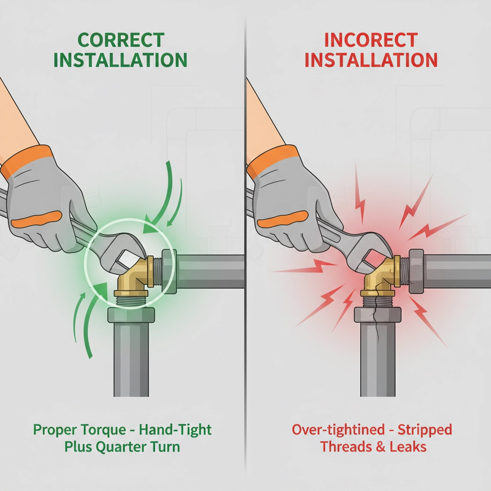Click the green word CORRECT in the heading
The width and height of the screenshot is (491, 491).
121,40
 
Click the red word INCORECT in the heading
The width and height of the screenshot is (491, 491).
371,40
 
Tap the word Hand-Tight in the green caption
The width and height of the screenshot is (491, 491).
175,430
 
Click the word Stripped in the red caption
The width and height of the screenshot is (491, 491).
425,430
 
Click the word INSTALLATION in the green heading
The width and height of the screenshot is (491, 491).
121,60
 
